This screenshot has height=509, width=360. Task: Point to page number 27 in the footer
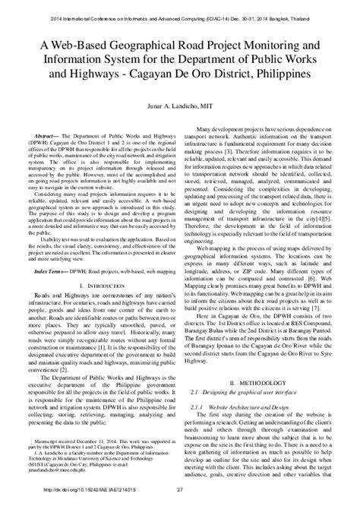[180, 499]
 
